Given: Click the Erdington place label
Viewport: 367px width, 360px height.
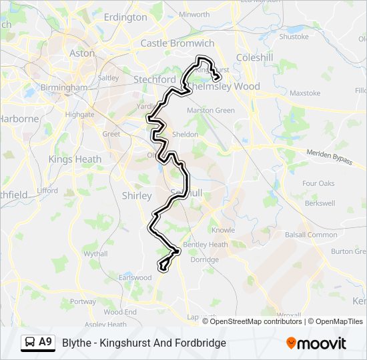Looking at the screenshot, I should (x=125, y=17).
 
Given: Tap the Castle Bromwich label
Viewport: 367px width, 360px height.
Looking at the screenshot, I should (x=177, y=43).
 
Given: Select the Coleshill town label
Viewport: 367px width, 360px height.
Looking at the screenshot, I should (x=254, y=58).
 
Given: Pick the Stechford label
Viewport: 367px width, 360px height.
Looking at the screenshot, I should (x=154, y=79).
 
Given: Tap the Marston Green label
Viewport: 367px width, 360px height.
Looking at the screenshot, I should (x=211, y=110).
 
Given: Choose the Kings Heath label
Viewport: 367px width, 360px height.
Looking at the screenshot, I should (x=75, y=159).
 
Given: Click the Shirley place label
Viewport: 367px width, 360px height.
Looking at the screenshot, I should (x=138, y=195).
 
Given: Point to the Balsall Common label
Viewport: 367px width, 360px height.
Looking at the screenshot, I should (x=311, y=235).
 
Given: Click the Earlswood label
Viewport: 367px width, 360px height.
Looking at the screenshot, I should (x=135, y=277).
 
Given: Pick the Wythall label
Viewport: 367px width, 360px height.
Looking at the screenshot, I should (x=95, y=254).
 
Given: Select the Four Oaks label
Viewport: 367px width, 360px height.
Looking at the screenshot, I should (x=318, y=183).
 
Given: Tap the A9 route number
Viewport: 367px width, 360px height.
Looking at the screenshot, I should (x=45, y=342).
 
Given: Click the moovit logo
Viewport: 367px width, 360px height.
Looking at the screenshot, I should (x=316, y=343).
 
